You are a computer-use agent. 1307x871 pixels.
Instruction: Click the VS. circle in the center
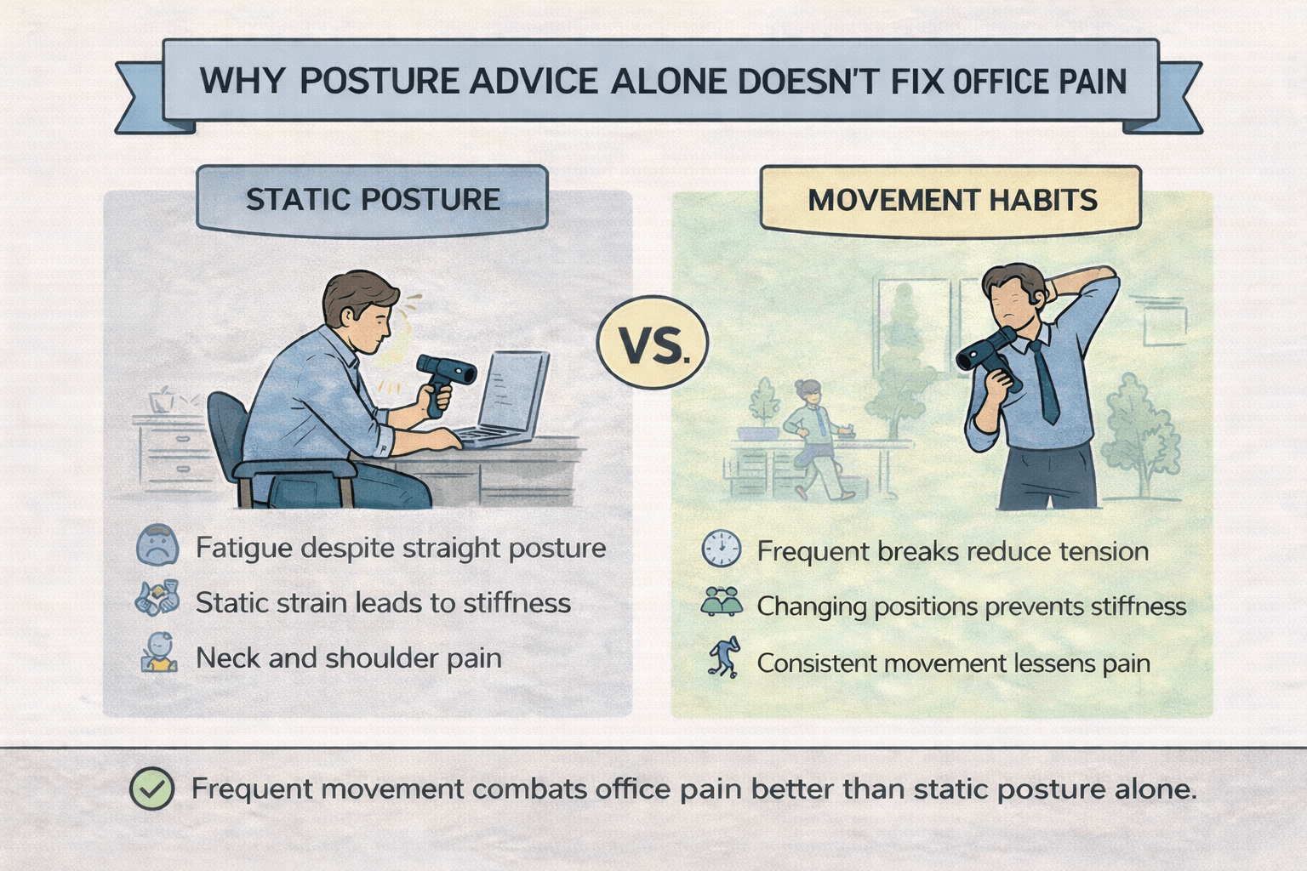coord(653,343)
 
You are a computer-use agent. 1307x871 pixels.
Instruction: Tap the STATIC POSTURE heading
coord(373,199)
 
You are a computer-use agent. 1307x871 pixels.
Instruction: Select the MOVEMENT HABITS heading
coord(952,200)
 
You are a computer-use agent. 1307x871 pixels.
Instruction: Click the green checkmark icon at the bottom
coord(152,788)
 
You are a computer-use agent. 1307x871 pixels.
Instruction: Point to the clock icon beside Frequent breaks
coord(721,549)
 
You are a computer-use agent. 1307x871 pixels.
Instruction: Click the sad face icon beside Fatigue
coord(157,546)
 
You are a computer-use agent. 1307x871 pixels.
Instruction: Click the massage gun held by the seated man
coord(443,379)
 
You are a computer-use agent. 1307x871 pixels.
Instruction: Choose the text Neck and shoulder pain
coord(348,658)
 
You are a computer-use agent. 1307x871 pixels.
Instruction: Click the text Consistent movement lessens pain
coord(953,663)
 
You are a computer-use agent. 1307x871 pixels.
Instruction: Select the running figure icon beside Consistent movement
coord(723,658)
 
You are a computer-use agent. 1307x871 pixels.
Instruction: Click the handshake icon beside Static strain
coord(157,599)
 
